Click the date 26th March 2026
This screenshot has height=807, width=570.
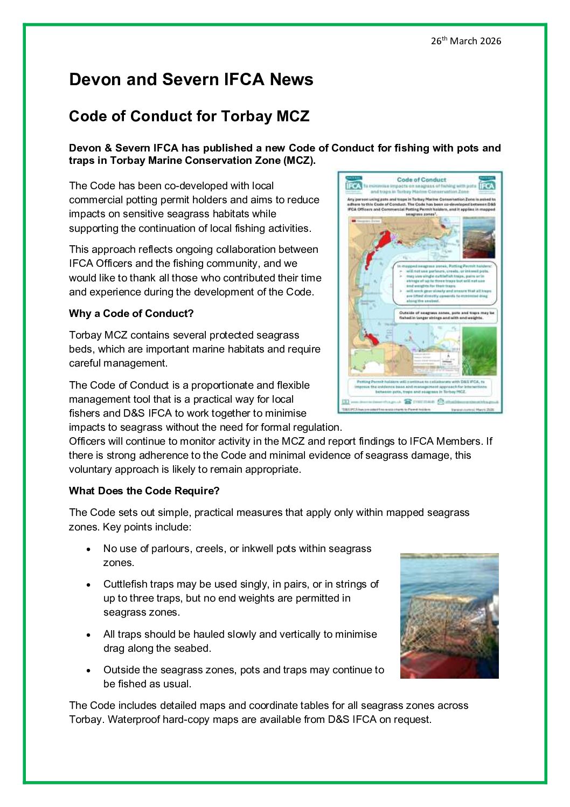click(x=465, y=41)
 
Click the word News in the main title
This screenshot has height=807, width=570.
click(x=291, y=80)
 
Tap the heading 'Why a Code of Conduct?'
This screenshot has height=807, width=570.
click(x=131, y=314)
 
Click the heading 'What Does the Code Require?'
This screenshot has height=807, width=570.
click(x=144, y=491)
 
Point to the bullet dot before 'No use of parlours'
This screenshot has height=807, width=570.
click(x=88, y=549)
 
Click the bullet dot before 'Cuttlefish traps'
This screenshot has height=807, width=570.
click(x=88, y=585)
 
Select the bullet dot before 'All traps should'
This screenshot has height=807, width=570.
click(x=88, y=635)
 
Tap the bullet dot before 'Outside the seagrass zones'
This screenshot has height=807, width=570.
click(x=88, y=671)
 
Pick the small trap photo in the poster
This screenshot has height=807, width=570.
click(x=478, y=237)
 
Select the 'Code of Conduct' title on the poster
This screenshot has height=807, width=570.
click(x=421, y=180)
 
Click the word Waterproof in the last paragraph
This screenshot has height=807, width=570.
click(x=133, y=720)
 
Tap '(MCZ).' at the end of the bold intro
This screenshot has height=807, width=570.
click(x=299, y=161)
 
